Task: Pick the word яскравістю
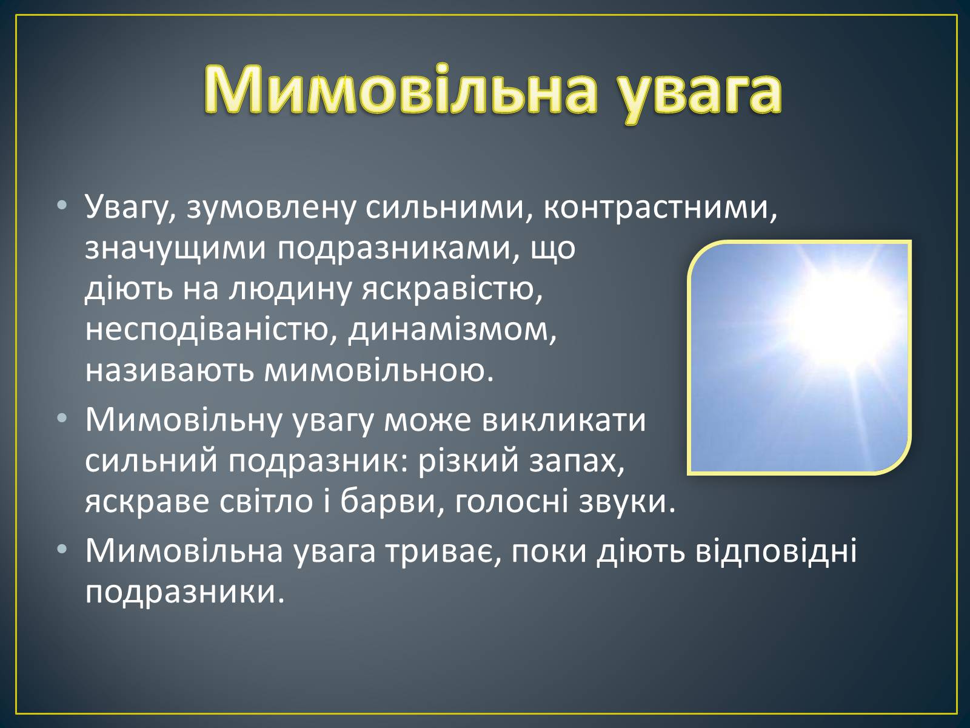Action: (x=452, y=291)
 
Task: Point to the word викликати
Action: (x=563, y=420)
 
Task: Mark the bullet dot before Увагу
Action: (x=62, y=204)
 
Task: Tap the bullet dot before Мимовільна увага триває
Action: (x=62, y=548)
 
